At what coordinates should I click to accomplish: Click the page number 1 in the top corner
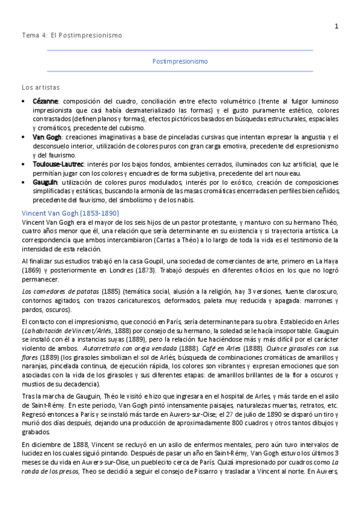336,25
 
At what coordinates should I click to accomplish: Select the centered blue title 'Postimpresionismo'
180,61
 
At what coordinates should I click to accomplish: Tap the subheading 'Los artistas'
40,87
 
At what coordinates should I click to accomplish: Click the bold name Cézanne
45,101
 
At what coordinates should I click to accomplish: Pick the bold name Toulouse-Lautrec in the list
58,164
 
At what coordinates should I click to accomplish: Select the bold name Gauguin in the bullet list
45,182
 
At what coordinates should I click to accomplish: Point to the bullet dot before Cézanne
23,101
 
